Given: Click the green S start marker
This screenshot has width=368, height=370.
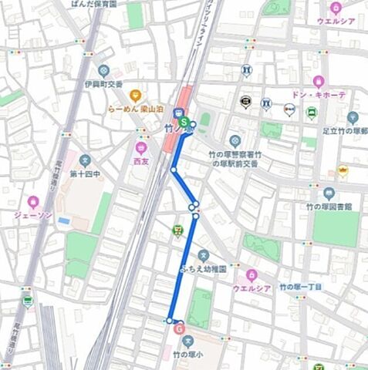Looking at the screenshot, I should tap(184, 122).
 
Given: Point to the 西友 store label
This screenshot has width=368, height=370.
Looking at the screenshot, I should tap(140, 162).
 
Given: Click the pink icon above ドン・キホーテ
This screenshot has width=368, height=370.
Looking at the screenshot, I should tap(317, 81).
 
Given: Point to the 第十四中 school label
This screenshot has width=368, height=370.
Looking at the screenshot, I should tap(85, 175).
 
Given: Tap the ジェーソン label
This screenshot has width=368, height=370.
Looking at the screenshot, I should tap(33, 215).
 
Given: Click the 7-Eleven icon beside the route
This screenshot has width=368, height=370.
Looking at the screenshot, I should tap(178, 229).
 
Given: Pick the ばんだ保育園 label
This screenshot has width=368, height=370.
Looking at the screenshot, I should tap(93, 4).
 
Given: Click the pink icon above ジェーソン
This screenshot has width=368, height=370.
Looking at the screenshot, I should tap(32, 201).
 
